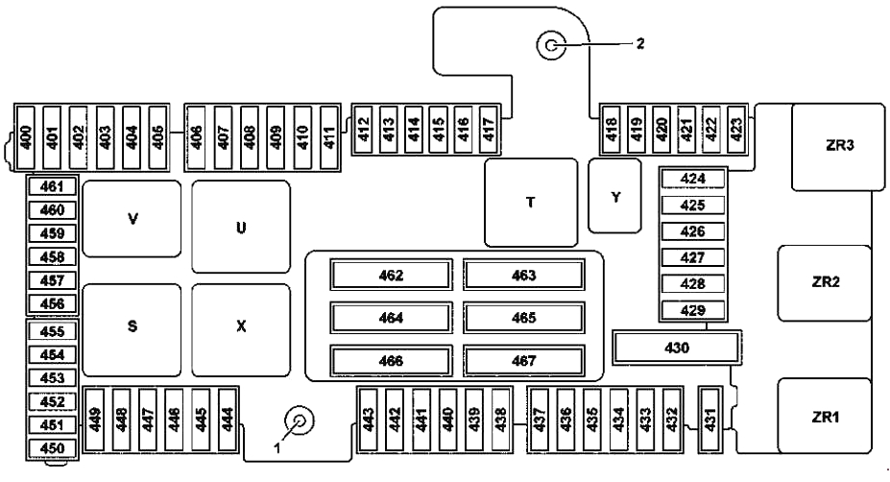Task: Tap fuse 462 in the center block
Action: [391, 276]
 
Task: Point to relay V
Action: [132, 219]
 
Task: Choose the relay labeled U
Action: [240, 229]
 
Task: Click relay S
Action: [132, 326]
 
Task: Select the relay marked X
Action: [240, 326]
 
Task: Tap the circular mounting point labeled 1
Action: [301, 420]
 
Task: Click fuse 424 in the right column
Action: [693, 179]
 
